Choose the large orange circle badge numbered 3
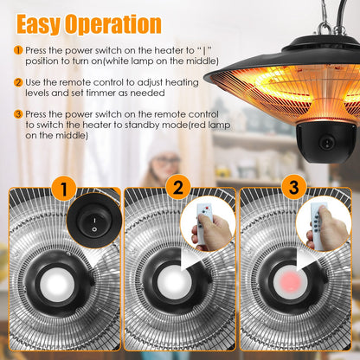[294, 188]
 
